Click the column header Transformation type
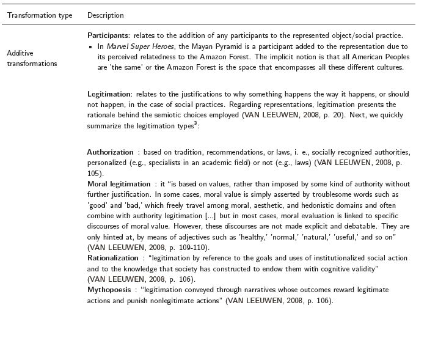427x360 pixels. click(40, 15)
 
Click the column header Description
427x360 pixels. click(105, 15)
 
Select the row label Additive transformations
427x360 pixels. click(32, 59)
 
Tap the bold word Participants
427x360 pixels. click(109, 35)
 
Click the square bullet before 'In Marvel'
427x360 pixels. click(90, 46)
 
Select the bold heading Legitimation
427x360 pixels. click(109, 95)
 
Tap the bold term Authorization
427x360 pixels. click(111, 152)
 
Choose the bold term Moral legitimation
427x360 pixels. click(119, 183)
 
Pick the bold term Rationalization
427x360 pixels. click(113, 258)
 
